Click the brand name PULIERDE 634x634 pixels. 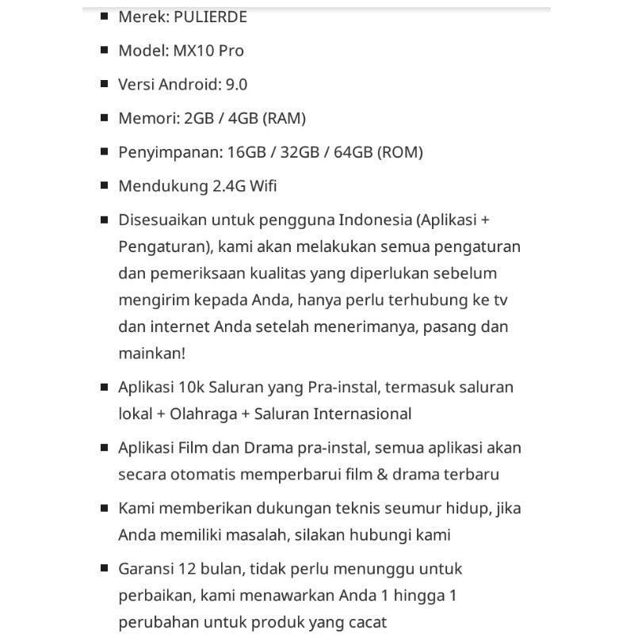(208, 16)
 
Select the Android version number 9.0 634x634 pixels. (237, 84)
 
